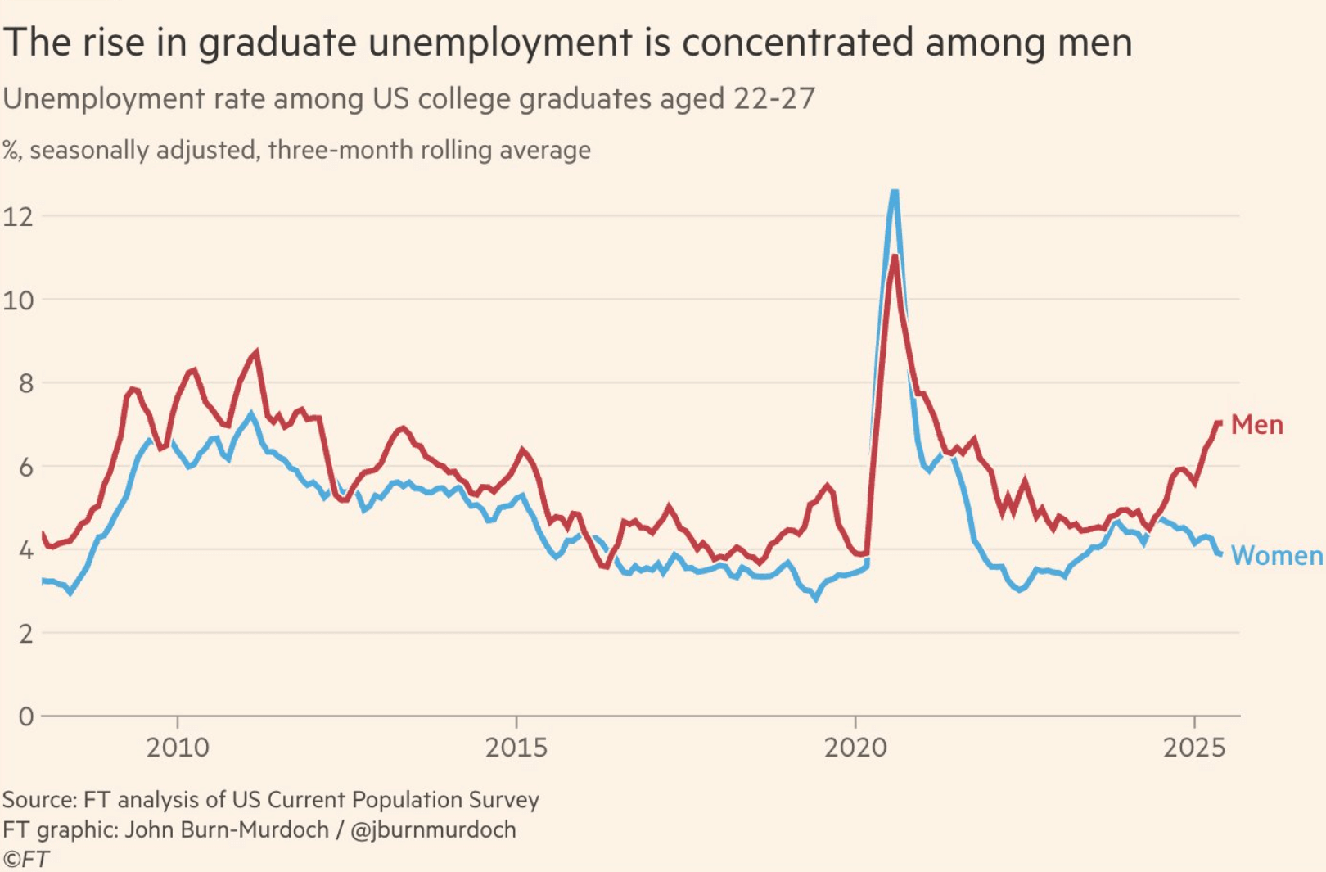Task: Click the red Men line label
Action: [1256, 425]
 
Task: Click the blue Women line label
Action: [1276, 556]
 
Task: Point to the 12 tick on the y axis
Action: [18, 217]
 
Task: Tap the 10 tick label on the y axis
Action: [18, 300]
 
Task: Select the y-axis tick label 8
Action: [25, 383]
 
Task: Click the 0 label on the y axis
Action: [25, 716]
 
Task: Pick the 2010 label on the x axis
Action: [178, 748]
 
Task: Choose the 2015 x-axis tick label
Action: [516, 748]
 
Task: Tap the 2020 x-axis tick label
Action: [855, 748]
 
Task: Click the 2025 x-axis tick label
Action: [1194, 748]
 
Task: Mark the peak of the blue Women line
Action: [894, 192]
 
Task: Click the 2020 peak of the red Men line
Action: [895, 257]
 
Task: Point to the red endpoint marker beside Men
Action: [1219, 422]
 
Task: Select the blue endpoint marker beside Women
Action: [1220, 554]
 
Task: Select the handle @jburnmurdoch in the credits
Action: [433, 829]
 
